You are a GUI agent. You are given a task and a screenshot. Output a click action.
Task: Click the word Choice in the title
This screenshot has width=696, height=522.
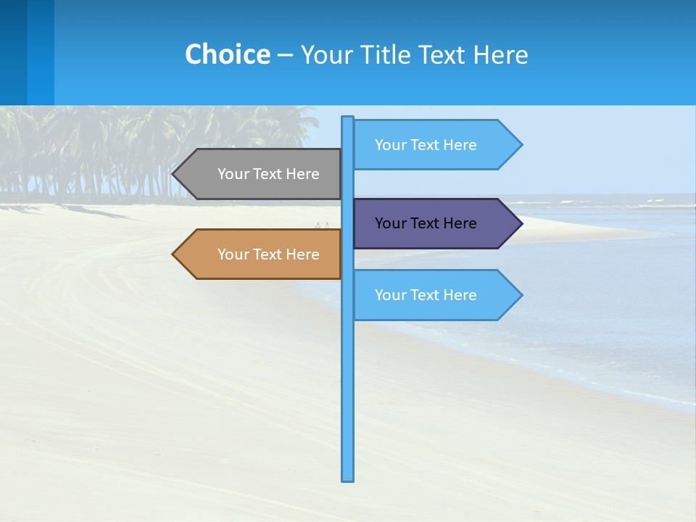(x=227, y=54)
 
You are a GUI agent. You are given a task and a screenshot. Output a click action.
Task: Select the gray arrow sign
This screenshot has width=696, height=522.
(x=261, y=174)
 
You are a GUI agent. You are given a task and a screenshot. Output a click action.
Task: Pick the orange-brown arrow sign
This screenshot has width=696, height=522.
(x=261, y=254)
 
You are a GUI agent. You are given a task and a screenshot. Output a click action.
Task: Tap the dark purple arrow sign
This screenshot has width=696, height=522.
(x=431, y=223)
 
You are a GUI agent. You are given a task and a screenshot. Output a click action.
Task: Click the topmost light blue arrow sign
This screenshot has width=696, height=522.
(x=431, y=145)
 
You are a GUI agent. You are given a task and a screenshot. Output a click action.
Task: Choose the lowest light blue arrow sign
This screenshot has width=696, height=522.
(x=431, y=295)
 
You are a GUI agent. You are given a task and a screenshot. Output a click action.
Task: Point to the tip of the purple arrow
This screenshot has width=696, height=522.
(x=521, y=223)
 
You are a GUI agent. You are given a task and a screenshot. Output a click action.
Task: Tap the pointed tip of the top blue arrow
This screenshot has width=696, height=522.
(x=521, y=145)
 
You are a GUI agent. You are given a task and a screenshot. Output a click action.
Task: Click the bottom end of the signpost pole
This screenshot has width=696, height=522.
(x=348, y=478)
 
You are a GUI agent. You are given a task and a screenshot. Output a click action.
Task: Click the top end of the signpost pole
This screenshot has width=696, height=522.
(x=348, y=118)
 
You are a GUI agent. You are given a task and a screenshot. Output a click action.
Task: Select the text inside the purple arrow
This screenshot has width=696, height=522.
(x=426, y=223)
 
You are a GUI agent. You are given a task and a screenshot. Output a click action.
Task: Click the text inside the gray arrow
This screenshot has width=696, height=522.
(x=268, y=174)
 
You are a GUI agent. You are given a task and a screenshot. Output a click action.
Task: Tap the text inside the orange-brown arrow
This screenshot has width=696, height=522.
(x=268, y=254)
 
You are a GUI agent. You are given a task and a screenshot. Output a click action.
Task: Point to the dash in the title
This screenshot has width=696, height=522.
(x=285, y=55)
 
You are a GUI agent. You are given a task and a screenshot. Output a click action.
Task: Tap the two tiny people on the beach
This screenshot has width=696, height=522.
(x=322, y=225)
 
